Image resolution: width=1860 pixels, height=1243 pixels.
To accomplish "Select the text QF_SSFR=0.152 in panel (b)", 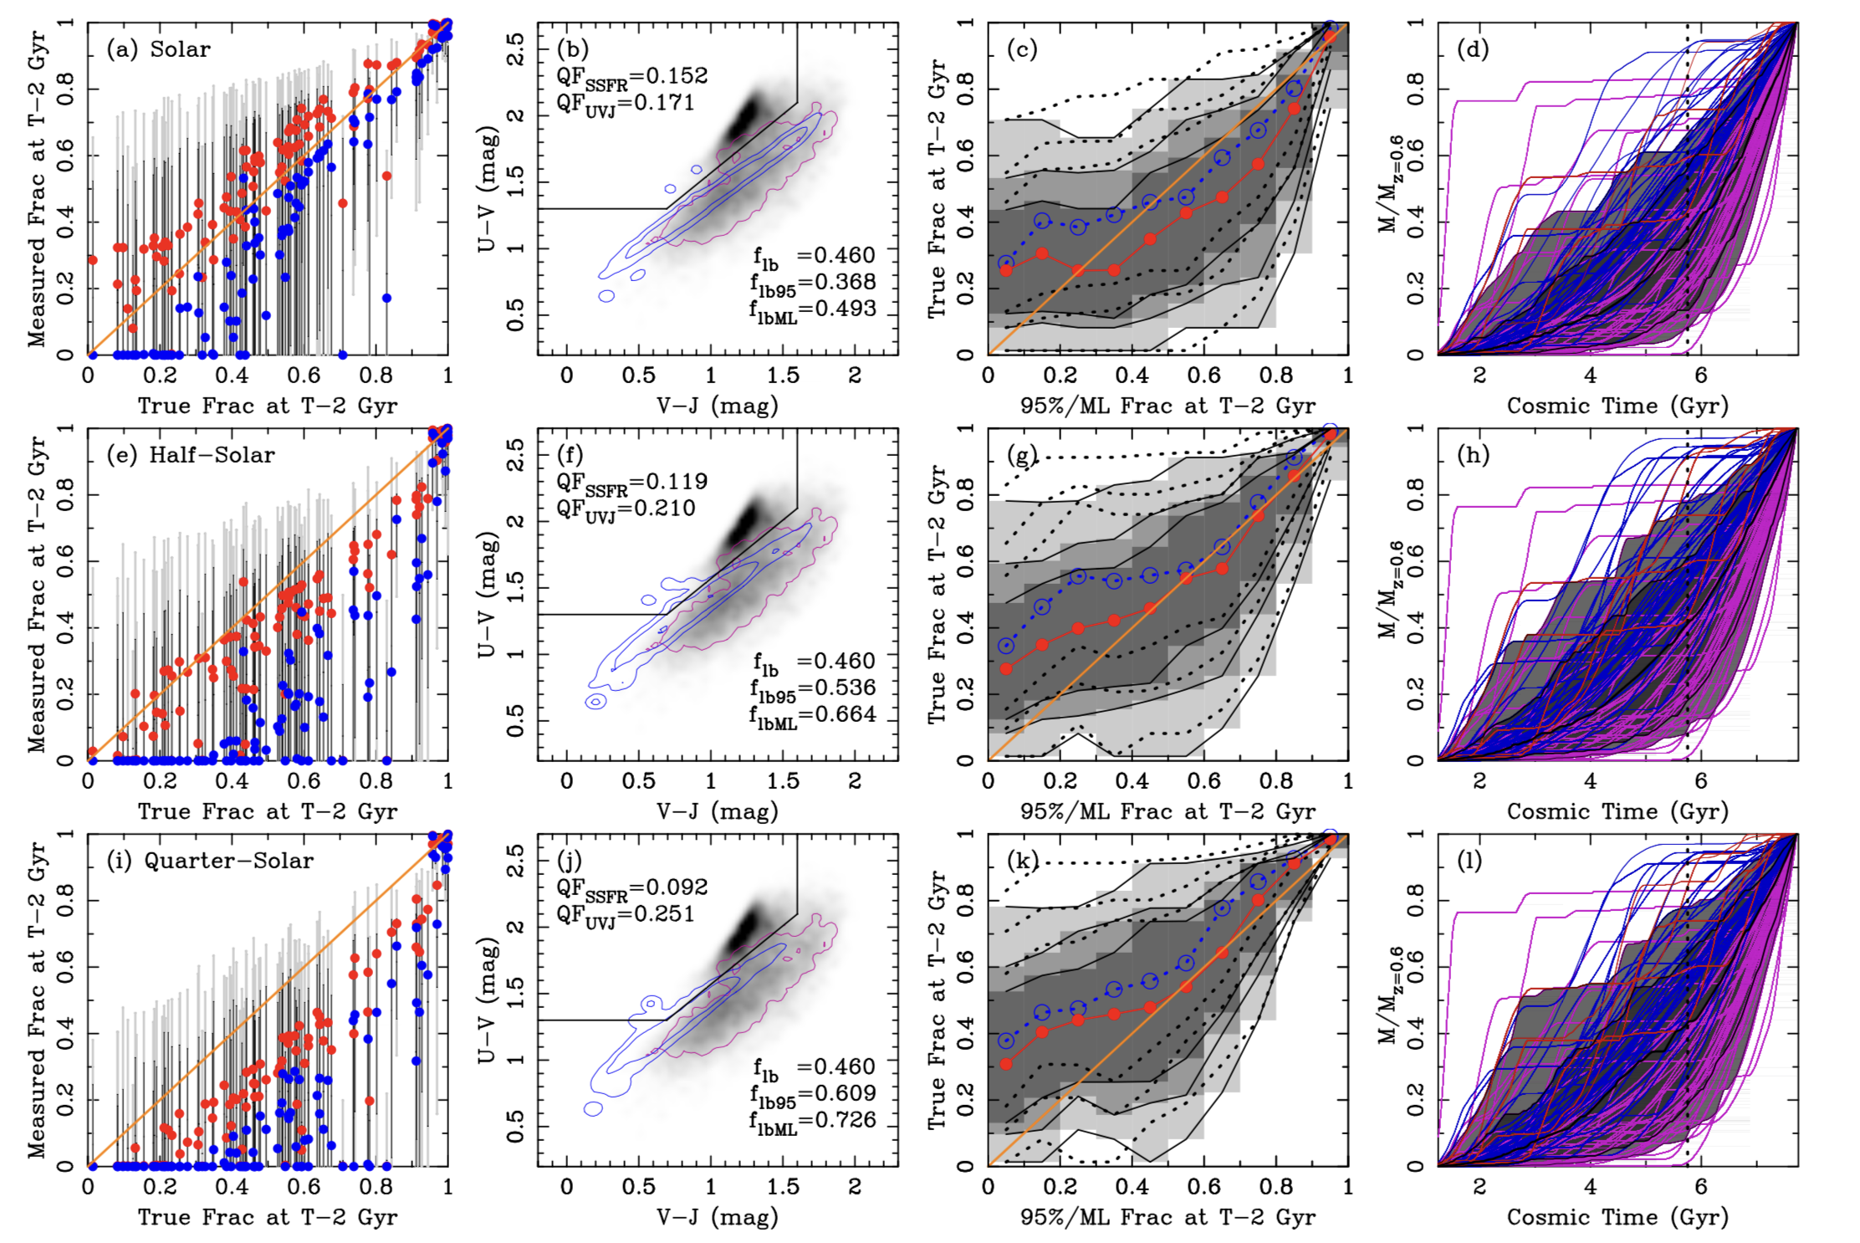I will [x=632, y=77].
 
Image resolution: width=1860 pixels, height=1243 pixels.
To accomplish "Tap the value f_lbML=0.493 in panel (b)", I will [x=813, y=309].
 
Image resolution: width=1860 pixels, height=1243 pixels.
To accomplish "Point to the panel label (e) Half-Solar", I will [x=191, y=455].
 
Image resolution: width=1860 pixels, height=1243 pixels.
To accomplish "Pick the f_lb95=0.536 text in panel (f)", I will [x=813, y=689].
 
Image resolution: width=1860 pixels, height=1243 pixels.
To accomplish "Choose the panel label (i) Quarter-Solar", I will [x=210, y=861].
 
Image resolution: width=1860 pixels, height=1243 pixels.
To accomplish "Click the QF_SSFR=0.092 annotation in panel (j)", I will [x=632, y=888].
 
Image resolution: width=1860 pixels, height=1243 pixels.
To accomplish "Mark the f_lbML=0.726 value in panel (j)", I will [x=813, y=1121].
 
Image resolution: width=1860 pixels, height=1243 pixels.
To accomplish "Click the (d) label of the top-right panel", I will [x=1473, y=49].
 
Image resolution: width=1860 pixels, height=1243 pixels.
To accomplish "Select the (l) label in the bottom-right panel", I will [x=1470, y=861].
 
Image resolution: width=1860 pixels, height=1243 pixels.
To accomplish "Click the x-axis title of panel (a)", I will [x=268, y=407].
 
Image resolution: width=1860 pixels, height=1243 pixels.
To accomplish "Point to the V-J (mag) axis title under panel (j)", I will [x=718, y=1218].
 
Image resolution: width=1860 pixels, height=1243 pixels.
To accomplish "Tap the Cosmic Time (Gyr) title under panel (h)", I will [x=1617, y=812].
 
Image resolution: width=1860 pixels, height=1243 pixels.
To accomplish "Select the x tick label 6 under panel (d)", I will [x=1700, y=376].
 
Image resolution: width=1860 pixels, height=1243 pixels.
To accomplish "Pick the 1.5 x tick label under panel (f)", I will [x=783, y=781].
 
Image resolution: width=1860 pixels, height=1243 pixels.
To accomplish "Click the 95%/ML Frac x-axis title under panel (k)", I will [x=1168, y=1218].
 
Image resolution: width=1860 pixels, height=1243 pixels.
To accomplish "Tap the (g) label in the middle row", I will [x=1023, y=455].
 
